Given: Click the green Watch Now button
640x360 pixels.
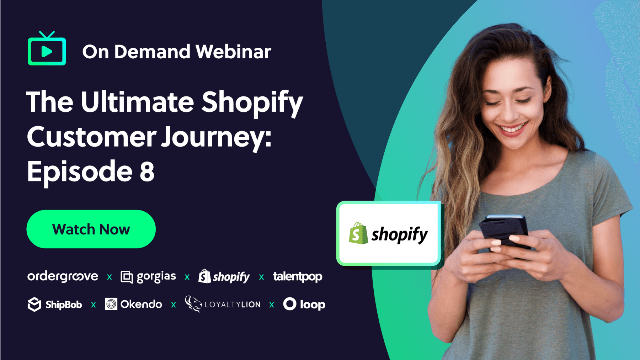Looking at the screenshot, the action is coord(91,229).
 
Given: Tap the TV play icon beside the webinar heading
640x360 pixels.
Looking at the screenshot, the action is coord(47,48).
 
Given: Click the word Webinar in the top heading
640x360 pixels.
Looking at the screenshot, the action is coord(233,52).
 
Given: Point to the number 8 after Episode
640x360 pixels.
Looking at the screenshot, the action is coord(147,171).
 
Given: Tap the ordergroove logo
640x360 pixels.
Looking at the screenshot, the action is coord(63,276).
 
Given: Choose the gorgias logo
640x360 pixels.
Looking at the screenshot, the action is coord(148,277).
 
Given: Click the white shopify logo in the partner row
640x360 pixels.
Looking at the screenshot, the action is coord(224,276).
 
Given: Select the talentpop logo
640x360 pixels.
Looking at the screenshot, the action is coord(298,276).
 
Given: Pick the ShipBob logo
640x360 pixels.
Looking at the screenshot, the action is coord(55,305).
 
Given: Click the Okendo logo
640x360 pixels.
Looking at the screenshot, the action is coord(134,304).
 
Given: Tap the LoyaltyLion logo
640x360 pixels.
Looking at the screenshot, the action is coord(223,304).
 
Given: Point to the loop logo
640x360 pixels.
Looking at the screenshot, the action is coord(304,304).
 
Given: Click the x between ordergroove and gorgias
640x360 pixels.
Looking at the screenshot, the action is coord(110,277).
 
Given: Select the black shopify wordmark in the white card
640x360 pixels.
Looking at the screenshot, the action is coord(400,235).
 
